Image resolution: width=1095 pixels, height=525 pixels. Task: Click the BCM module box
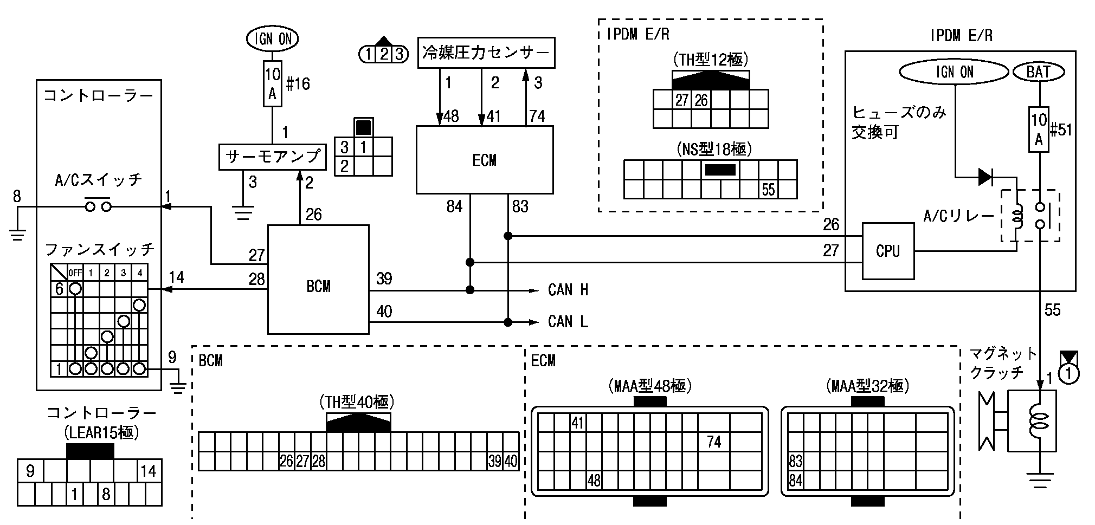[x=318, y=280]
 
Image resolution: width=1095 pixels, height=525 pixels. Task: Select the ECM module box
[x=484, y=160]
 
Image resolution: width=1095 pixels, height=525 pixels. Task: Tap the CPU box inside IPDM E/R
[x=887, y=250]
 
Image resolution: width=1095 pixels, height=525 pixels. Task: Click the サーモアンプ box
[x=273, y=157]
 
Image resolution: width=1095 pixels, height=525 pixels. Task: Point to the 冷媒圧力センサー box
[x=486, y=53]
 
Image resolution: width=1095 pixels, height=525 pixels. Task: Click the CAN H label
[x=568, y=290]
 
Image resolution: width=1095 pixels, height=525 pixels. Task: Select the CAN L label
[x=568, y=322]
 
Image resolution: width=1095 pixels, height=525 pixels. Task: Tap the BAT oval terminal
[x=1038, y=72]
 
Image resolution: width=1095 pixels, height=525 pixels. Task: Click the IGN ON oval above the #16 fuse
[x=272, y=38]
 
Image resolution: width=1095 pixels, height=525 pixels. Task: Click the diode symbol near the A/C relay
[x=986, y=177]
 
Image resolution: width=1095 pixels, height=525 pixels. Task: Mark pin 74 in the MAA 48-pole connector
[x=714, y=442]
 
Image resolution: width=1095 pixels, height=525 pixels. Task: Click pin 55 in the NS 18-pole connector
[x=768, y=190]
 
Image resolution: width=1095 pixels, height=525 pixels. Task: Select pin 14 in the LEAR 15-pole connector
[x=148, y=471]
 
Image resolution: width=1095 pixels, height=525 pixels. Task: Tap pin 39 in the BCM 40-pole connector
[x=494, y=462]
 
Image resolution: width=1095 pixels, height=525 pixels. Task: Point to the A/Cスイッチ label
[x=99, y=179]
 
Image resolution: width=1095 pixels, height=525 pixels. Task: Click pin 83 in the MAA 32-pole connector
[x=795, y=462]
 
